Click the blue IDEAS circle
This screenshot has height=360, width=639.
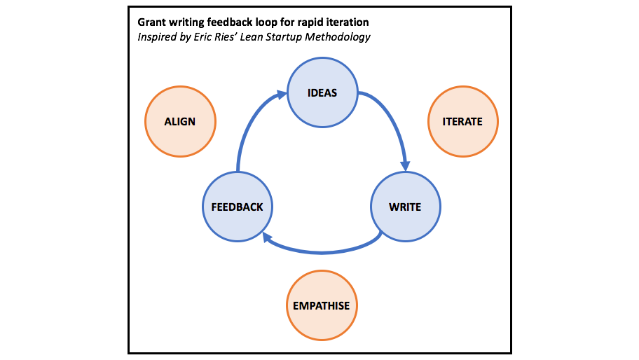coord(323,93)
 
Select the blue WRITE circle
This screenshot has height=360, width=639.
coord(406,207)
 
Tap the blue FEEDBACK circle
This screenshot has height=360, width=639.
coord(237,207)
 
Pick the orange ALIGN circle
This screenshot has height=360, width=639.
coord(180,121)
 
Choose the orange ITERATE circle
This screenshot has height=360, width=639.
coord(462,121)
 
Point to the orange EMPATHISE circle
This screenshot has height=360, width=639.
coord(322,305)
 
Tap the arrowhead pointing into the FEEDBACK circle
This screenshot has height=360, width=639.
coord(268,239)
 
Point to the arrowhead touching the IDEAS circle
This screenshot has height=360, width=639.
coord(282,93)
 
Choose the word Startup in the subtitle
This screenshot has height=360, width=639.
coord(279,36)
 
